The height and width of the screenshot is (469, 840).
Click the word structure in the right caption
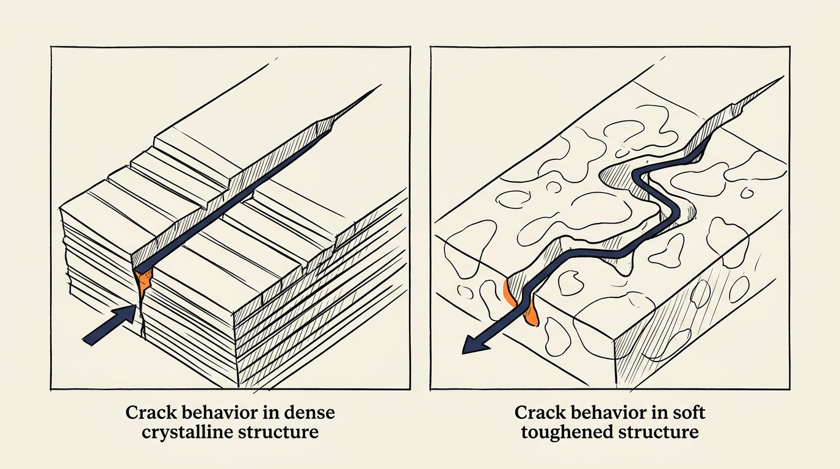pyautogui.click(x=659, y=432)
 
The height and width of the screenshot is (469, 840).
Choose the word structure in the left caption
pyautogui.click(x=279, y=432)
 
